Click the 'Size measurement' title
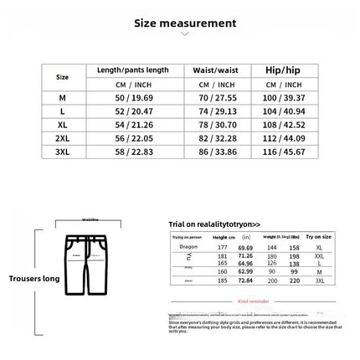point(185,23)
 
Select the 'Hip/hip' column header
point(282,70)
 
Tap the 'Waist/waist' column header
point(217,70)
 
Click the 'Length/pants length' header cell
point(133,70)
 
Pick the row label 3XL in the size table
point(62,152)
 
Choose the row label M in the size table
point(62,98)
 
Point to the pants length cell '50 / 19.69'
point(133,98)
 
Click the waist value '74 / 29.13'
point(217,111)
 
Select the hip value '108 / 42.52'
point(282,125)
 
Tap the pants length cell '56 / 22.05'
point(133,138)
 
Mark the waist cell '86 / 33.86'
point(217,152)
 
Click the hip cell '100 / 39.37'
point(282,98)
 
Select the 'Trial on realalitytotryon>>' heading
point(214,224)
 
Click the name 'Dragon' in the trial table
point(188,247)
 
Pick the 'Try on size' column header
point(319,237)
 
